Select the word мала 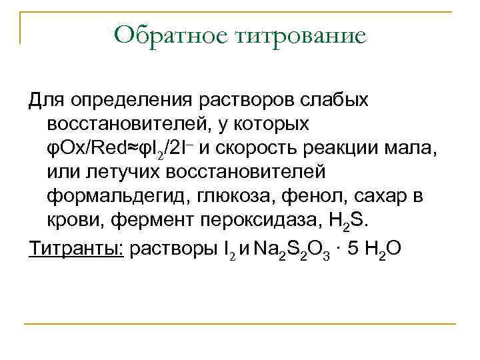click(416, 149)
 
